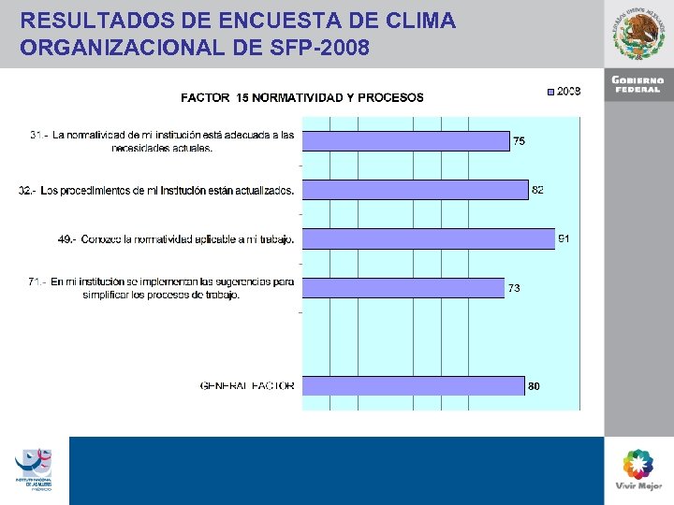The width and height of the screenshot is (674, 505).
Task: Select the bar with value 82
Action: [x=417, y=190]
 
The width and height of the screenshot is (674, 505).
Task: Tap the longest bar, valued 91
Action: [x=430, y=238]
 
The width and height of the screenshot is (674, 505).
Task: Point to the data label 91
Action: [x=564, y=239]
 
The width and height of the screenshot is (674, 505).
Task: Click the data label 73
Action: [x=514, y=288]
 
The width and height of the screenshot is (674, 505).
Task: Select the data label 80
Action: [x=534, y=386]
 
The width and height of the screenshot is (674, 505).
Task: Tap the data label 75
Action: [x=519, y=141]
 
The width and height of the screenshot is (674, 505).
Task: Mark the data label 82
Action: [x=537, y=190]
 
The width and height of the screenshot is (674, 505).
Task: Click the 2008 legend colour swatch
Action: [x=550, y=92]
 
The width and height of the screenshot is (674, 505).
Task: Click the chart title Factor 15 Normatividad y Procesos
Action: [x=301, y=97]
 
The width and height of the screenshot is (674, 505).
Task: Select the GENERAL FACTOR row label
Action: [x=247, y=385]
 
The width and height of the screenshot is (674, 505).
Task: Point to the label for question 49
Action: [x=176, y=239]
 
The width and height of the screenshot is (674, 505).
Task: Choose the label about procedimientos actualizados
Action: [x=156, y=191]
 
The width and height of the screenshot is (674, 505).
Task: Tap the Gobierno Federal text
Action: [x=639, y=84]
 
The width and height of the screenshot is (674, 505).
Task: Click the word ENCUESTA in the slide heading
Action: [x=245, y=20]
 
